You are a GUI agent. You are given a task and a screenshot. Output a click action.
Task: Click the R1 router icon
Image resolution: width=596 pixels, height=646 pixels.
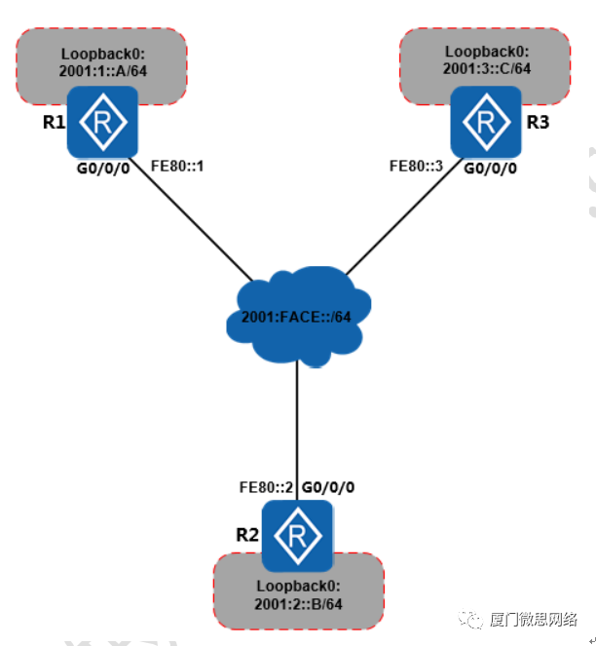tap(102, 121)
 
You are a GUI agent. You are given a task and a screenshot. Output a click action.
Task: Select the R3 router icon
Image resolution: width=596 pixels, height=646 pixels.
tap(484, 121)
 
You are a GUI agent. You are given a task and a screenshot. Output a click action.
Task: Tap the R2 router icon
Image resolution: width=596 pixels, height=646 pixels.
tap(297, 535)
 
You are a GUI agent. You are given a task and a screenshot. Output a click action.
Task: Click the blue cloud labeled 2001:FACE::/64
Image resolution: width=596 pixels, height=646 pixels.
tap(295, 318)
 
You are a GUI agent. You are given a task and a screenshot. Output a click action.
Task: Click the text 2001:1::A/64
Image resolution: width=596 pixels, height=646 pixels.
tap(102, 70)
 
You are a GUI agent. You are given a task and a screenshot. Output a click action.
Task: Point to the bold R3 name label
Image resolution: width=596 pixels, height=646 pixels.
tap(538, 122)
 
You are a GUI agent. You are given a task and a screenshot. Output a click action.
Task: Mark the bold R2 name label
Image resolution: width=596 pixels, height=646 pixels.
tap(247, 534)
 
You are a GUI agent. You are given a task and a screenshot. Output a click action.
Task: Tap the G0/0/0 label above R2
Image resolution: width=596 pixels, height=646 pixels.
tap(328, 485)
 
